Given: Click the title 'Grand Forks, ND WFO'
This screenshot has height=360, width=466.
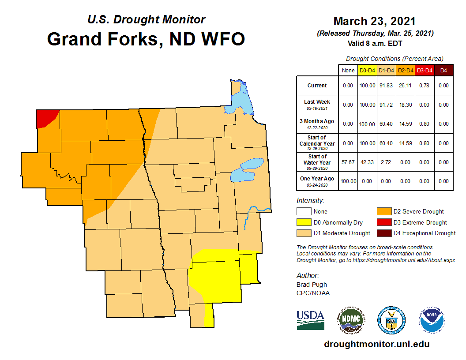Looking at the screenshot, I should [x=146, y=39].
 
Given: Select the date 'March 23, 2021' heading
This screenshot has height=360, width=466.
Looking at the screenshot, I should [x=374, y=21].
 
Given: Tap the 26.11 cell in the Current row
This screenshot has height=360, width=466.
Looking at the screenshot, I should [x=406, y=86].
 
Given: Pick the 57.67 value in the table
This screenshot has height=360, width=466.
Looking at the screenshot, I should [x=348, y=162].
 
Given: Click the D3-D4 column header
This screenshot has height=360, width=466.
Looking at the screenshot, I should [x=425, y=70].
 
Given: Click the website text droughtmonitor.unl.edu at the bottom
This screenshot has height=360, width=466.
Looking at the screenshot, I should [x=376, y=344].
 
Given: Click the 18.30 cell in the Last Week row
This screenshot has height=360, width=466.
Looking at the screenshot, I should [x=406, y=105].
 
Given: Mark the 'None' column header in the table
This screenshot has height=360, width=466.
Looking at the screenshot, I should [x=348, y=70].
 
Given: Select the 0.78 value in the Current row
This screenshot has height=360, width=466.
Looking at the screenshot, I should [x=425, y=86].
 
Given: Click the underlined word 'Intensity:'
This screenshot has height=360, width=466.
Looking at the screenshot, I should [x=311, y=201].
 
